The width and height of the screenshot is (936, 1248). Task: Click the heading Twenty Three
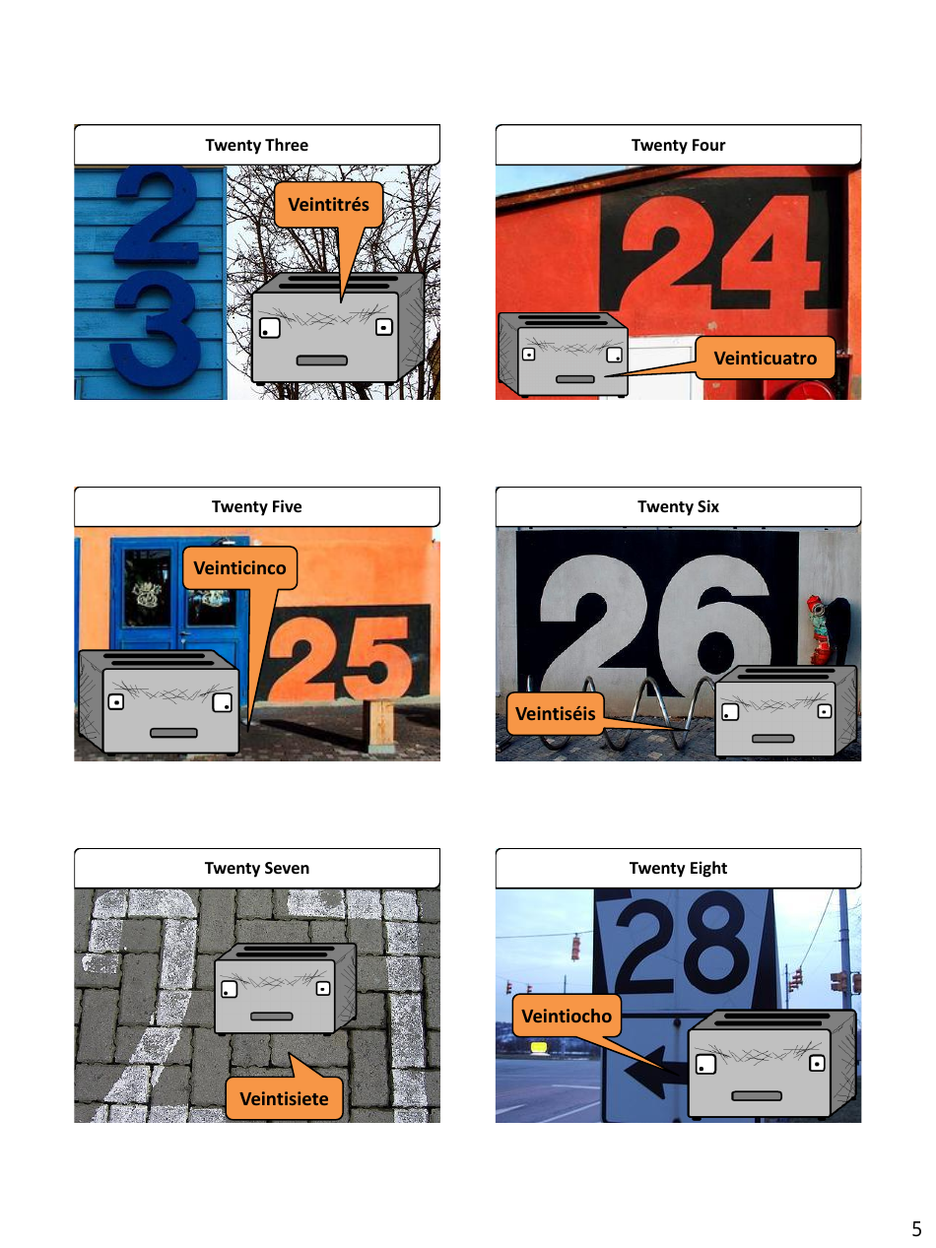coord(256,145)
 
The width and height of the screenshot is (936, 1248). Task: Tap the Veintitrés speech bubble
coord(328,205)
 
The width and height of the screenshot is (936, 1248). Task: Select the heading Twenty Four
coord(678,145)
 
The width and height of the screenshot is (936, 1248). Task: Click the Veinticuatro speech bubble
coord(765,358)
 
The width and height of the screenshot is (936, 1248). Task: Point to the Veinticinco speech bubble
coord(239,568)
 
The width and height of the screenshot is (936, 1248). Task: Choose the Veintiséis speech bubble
coord(556,713)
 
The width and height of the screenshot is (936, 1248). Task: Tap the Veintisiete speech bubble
coord(284,1098)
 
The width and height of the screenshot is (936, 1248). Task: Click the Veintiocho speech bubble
coord(567,1016)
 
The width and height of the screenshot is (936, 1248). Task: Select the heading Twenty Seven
coord(256,868)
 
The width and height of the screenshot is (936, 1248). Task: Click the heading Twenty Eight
coord(678,868)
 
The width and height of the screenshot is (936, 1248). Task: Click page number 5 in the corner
coord(916,1229)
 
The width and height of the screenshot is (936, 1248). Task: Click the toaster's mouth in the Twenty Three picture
coord(322,361)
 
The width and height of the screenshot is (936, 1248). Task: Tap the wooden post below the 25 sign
coord(380,725)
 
